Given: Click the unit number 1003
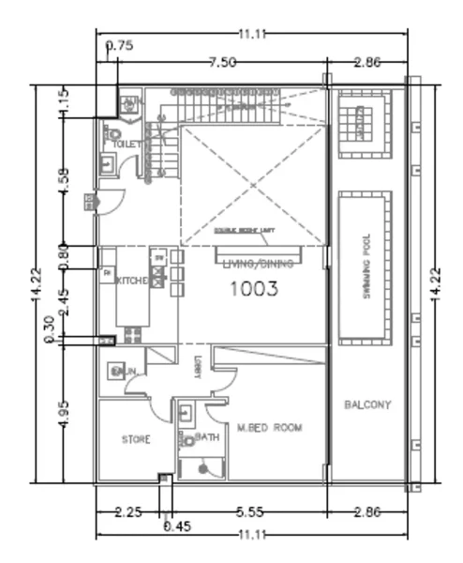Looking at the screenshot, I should pos(254,290).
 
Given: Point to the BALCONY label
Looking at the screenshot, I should pos(367,405).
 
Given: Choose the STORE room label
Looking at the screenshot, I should pos(136,439).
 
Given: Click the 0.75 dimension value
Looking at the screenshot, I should pos(119,44).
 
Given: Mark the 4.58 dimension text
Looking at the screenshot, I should pos(63,180).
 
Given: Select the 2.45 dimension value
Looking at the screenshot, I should pos(63,298).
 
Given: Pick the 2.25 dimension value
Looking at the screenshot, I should pos(128,514).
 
